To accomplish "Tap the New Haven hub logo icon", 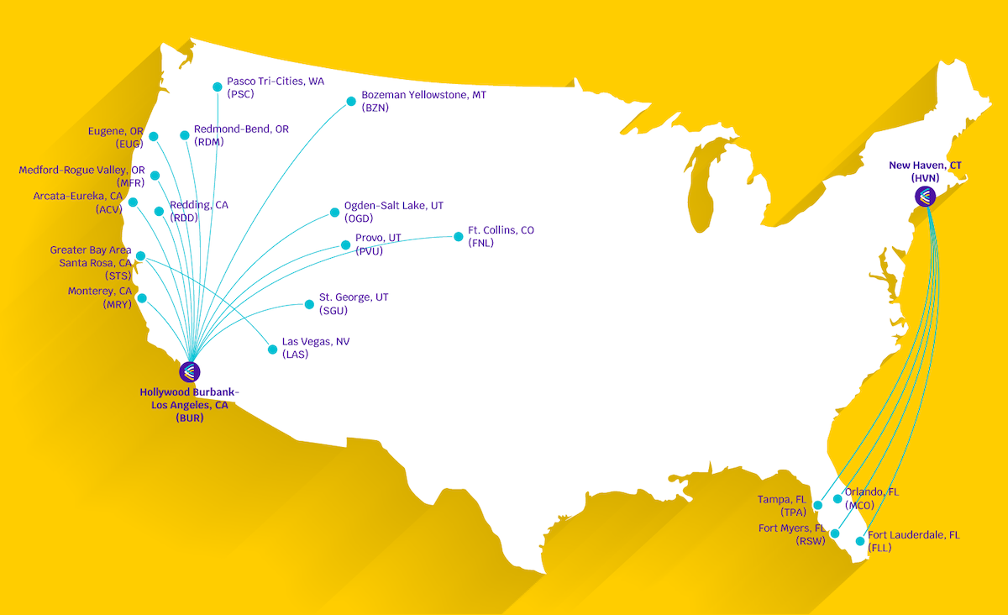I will click(925, 197).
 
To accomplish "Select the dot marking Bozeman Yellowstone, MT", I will click(351, 102).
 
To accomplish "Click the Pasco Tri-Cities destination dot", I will click(218, 87).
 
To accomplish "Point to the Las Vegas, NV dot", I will click(272, 349).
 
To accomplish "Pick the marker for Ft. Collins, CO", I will click(459, 237).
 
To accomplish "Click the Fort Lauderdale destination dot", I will click(859, 541).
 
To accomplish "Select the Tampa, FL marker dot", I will click(818, 505).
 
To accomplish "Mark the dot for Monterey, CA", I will click(141, 298).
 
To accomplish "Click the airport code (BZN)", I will click(375, 108).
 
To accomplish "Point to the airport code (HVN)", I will click(925, 178).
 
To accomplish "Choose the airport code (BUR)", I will click(190, 417).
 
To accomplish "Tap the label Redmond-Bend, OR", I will click(241, 129).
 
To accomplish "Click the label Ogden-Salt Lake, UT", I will click(394, 206).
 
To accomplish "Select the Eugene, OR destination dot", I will click(153, 137).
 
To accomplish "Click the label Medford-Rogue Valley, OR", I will click(81, 171).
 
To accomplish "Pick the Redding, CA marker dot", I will click(158, 212).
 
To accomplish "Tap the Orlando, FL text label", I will click(871, 492).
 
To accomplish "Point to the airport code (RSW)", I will click(811, 541).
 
